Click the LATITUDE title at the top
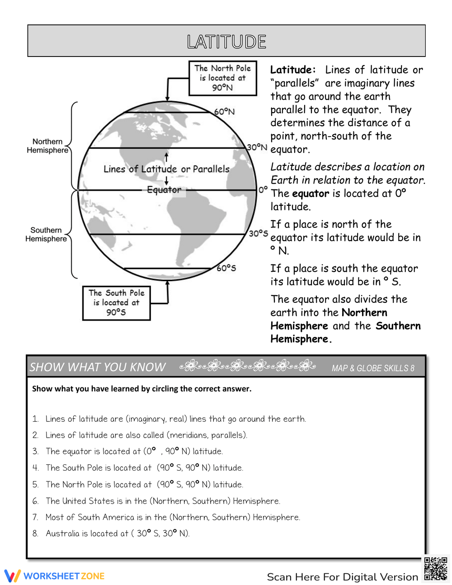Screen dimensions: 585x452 pyautogui.click(x=226, y=42)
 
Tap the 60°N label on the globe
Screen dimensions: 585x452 pyautogui.click(x=225, y=111)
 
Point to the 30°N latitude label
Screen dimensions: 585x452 pyautogui.click(x=257, y=147)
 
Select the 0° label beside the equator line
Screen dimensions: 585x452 pyautogui.click(x=263, y=190)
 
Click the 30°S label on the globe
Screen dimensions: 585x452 pyautogui.click(x=258, y=233)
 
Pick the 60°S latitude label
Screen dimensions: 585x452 pyautogui.click(x=226, y=268)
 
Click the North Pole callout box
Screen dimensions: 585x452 pyautogui.click(x=222, y=78)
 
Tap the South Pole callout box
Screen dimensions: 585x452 pyautogui.click(x=116, y=302)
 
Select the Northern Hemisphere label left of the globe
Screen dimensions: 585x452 pyautogui.click(x=47, y=146)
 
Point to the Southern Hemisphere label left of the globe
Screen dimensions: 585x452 pyautogui.click(x=46, y=234)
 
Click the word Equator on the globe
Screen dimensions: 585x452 pyautogui.click(x=164, y=190)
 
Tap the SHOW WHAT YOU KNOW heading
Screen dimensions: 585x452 pyautogui.click(x=98, y=367)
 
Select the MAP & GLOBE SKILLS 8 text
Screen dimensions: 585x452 pyautogui.click(x=373, y=368)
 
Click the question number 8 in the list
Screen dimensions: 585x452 pyautogui.click(x=35, y=533)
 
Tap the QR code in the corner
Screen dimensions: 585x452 pyautogui.click(x=435, y=569)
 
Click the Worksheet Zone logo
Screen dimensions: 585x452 pyautogui.click(x=55, y=576)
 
